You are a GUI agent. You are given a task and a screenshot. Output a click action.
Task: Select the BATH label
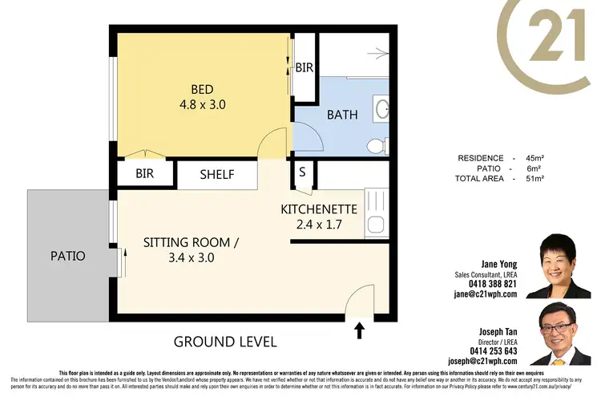point(342,115)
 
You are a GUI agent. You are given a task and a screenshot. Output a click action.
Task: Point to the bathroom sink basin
point(382,107)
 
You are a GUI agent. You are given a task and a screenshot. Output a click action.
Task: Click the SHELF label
point(217,174)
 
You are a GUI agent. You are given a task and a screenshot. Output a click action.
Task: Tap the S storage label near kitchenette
point(302,172)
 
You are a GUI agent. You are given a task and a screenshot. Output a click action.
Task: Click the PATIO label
point(67,257)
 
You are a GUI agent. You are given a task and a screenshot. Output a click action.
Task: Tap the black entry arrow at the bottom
point(359,328)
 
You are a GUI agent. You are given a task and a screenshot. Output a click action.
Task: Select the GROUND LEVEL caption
point(225,342)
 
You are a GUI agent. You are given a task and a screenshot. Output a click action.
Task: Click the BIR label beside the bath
point(304,68)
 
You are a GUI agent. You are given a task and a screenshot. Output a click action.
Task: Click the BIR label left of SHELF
point(144,173)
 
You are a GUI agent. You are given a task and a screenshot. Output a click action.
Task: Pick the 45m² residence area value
point(534,158)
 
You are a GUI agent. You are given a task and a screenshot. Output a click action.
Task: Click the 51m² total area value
point(534,179)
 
